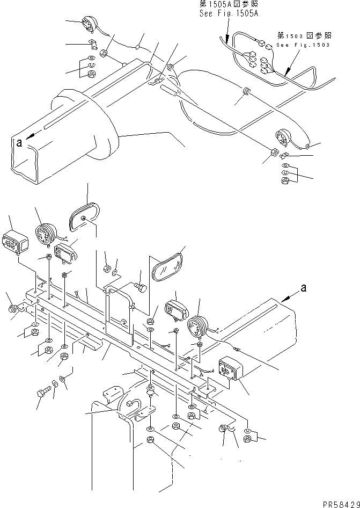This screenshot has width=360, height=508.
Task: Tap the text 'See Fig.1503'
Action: pos(304,45)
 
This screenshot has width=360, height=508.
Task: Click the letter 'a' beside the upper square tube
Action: pos(20,142)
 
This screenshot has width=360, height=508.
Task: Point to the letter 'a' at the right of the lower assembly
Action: pos(303,288)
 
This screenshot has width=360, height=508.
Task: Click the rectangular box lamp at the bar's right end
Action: pos(230,369)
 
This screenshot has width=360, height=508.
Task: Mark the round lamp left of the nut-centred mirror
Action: pos(45,234)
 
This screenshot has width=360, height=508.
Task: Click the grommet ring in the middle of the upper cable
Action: pos(246,91)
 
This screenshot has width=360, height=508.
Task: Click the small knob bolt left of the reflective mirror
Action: pos(142,288)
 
